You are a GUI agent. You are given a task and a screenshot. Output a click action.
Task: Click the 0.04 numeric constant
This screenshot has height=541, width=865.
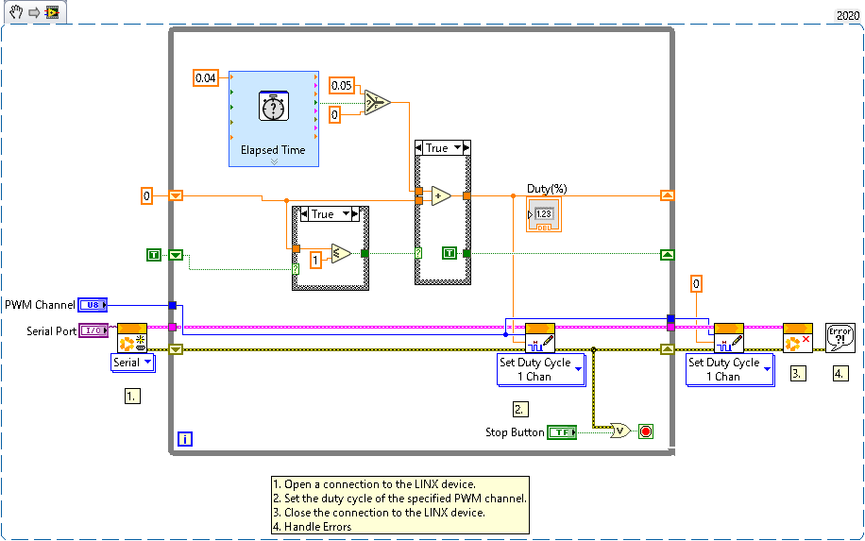pos(205,77)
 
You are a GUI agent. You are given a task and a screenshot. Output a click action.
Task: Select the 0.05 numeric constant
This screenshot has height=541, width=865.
pos(342,86)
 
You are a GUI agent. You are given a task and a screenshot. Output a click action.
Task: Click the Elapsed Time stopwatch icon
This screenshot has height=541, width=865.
pos(273,107)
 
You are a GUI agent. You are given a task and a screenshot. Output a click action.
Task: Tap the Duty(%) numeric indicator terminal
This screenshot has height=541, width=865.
pos(544,214)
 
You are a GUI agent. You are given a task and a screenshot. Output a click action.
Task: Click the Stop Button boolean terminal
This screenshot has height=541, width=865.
pos(562,432)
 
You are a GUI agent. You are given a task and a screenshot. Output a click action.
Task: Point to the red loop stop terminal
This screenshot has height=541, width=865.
pos(646,431)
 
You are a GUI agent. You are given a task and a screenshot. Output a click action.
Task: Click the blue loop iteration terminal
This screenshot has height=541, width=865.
pos(185,439)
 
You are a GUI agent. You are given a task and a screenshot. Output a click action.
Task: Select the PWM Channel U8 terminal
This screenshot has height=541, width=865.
pos(93,305)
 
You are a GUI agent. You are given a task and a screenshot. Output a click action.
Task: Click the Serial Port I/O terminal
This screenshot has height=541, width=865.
pos(93,330)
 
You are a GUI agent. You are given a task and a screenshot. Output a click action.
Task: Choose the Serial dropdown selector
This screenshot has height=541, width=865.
pos(133,363)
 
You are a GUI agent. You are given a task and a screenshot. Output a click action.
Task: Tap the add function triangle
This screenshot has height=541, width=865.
pos(441,195)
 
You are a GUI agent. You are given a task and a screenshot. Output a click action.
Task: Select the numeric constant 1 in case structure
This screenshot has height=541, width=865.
pos(315,260)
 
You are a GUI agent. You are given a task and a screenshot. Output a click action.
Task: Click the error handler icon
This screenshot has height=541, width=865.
pos(840,337)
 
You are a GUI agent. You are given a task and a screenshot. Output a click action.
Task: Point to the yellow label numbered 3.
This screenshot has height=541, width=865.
pos(798,373)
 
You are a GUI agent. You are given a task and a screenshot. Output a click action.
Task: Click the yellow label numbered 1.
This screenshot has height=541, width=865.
pos(132,396)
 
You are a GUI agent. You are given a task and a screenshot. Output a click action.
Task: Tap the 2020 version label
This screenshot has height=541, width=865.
pos(848,15)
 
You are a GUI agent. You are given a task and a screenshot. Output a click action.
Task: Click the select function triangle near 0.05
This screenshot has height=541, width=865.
pos(378,103)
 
